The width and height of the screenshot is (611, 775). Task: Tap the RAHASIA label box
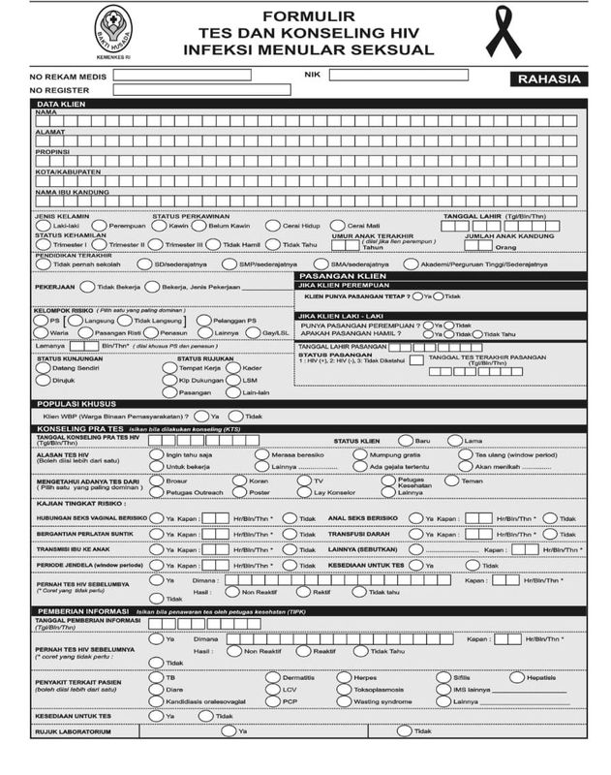(548, 79)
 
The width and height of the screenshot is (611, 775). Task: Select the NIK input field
(412, 74)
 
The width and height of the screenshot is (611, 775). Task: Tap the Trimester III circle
(158, 245)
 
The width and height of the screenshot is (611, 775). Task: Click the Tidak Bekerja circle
(87, 288)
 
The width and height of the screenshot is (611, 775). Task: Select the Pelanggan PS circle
(203, 320)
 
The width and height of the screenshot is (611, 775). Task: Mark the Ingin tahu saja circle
(157, 453)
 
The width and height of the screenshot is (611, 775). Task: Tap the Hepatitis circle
(517, 676)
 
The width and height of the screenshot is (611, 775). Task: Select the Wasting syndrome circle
(344, 700)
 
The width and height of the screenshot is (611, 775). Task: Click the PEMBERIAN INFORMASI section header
(85, 611)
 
